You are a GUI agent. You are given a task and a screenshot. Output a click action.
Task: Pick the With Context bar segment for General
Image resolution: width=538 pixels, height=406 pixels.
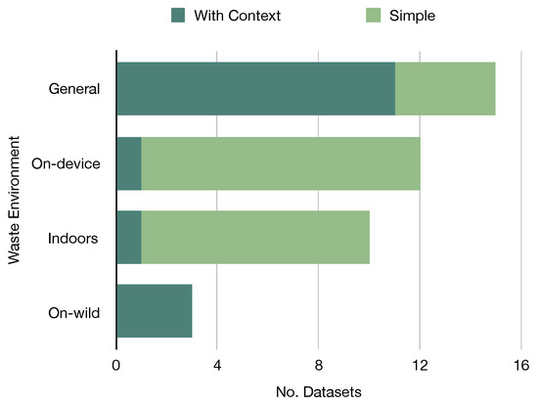point(255,88)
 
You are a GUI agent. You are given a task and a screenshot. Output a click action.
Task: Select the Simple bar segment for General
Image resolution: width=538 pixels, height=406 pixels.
point(445,88)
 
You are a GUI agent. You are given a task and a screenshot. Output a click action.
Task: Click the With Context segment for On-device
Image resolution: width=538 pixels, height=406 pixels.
point(129,162)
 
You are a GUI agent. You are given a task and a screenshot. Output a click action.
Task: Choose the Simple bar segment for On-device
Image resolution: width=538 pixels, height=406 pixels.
point(281,162)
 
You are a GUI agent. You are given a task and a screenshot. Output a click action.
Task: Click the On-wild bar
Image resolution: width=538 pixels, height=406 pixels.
point(155,310)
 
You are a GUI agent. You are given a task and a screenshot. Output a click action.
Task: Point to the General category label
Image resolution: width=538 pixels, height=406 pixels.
point(75,88)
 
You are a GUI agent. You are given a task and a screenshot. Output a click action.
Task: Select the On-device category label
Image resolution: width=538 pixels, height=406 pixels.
point(67,162)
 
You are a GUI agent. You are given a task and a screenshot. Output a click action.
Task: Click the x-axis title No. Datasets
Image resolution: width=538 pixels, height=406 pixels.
point(319,391)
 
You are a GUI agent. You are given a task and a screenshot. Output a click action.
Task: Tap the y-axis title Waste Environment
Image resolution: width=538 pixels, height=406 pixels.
point(14,200)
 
